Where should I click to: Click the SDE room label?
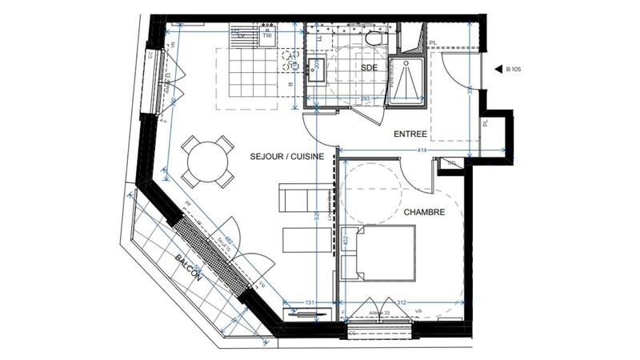pos(369,68)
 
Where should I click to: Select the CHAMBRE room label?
pos(423,212)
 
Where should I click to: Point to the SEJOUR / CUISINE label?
pos(286,157)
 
